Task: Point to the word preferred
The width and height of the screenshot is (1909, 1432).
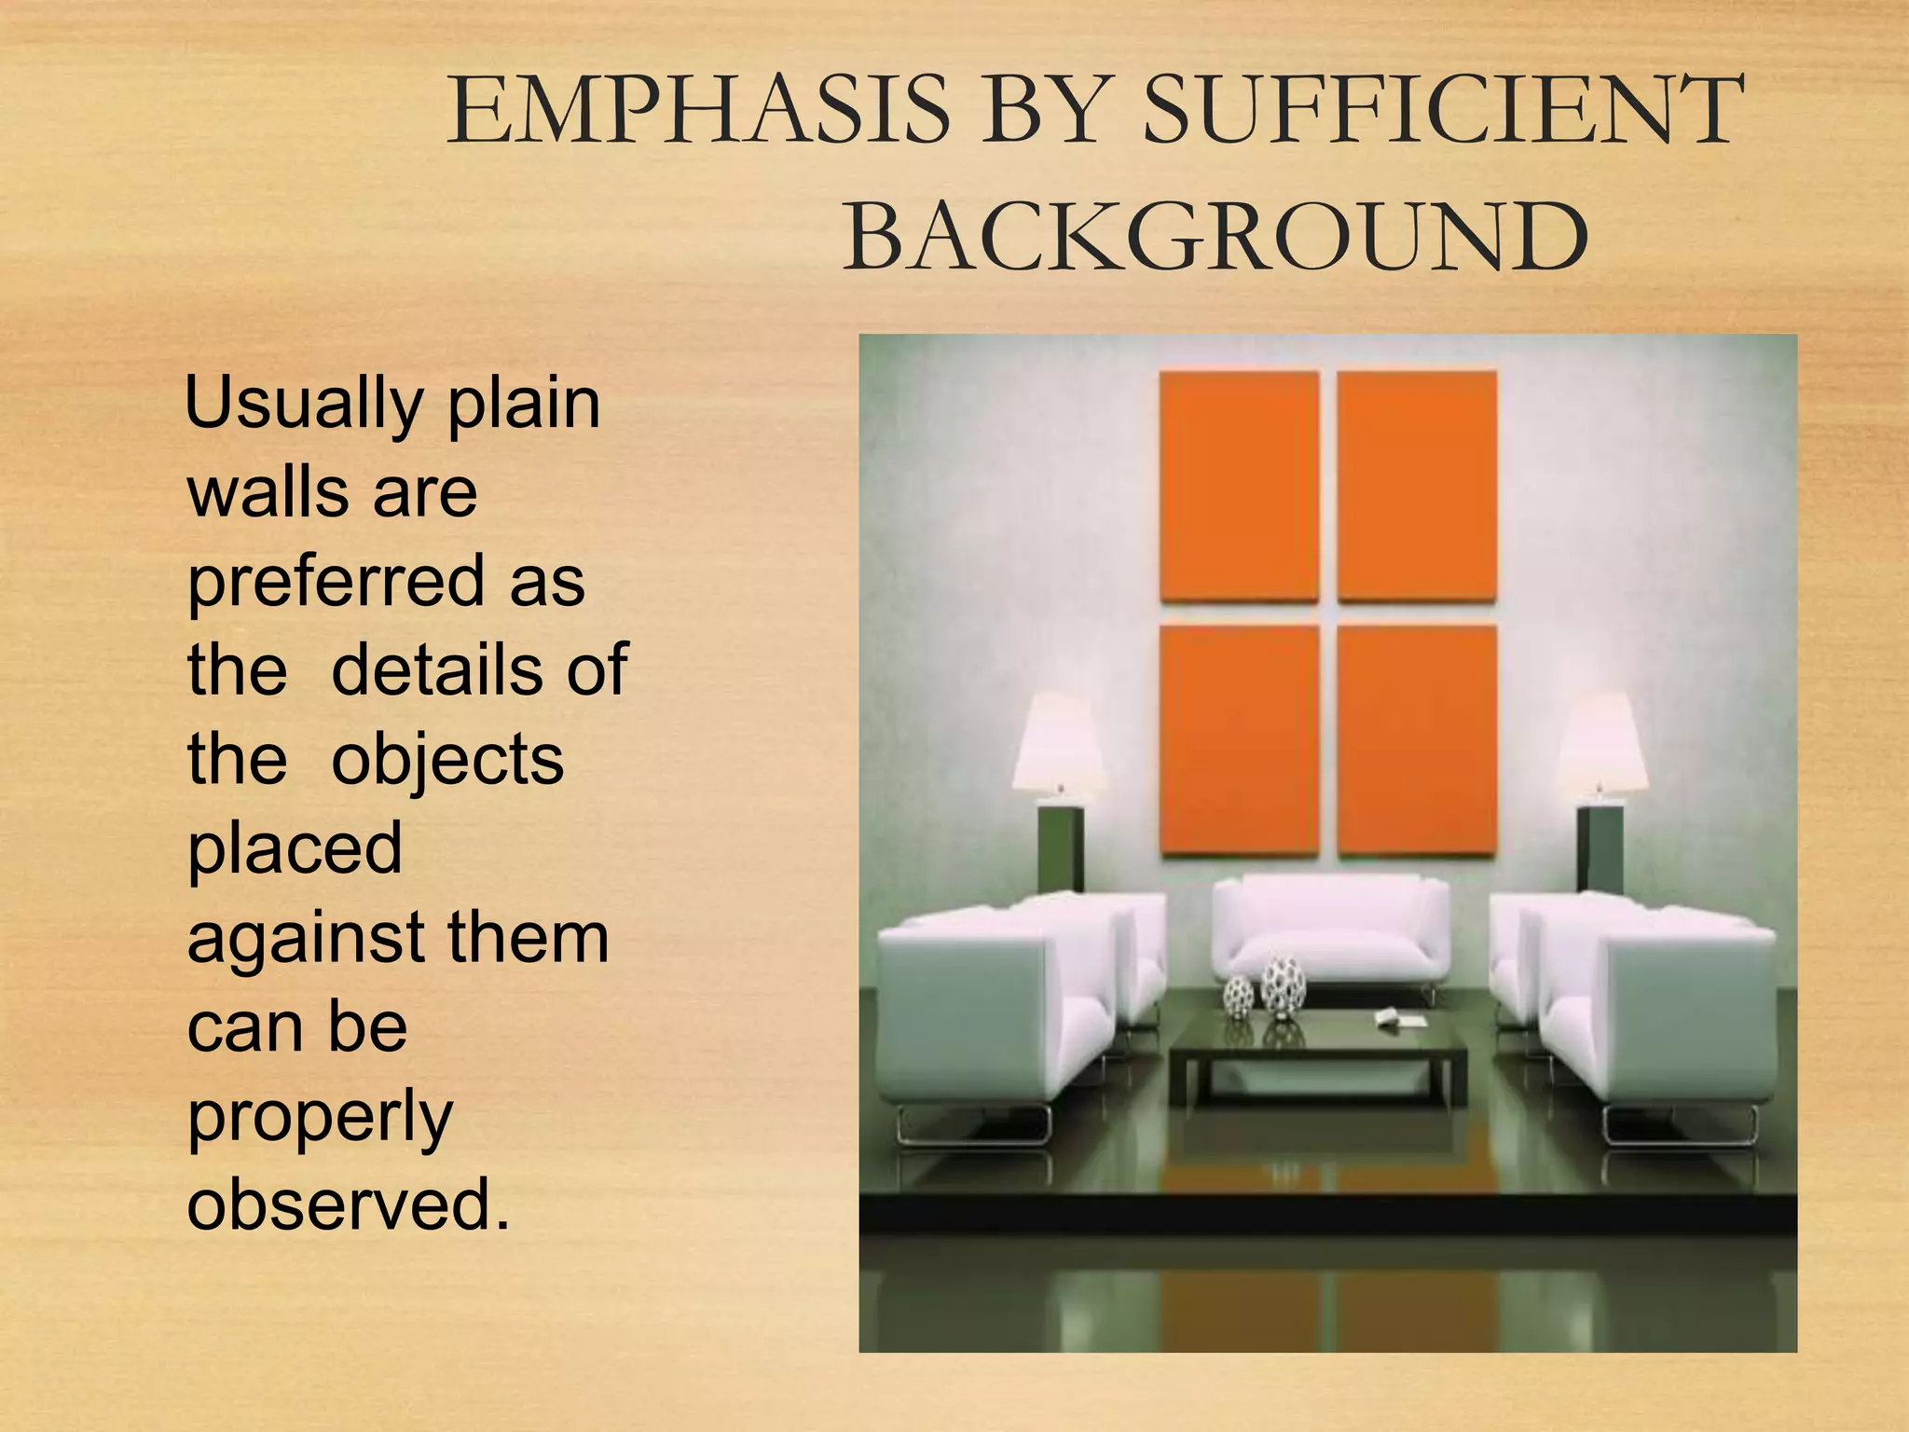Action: tap(335, 582)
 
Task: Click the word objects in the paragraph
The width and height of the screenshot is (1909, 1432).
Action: tap(447, 759)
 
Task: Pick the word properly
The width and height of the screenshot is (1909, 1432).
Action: tap(320, 1117)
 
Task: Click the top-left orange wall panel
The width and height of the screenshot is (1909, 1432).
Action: tap(1239, 486)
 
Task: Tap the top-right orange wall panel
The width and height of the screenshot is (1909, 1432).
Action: tap(1417, 486)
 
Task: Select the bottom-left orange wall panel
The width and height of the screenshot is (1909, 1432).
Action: tap(1239, 739)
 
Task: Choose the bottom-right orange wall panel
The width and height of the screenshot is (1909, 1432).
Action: tap(1417, 739)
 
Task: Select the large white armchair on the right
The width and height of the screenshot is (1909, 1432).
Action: tap(1659, 1016)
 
